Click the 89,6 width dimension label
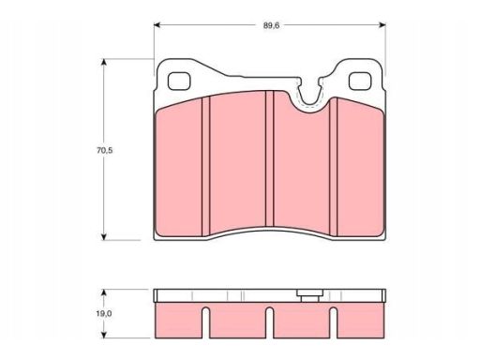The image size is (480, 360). pyautogui.click(x=271, y=25)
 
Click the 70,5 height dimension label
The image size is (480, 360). pyautogui.click(x=105, y=150)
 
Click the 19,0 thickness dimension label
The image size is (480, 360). pyautogui.click(x=104, y=313)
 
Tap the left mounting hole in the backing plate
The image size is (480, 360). pyautogui.click(x=179, y=82)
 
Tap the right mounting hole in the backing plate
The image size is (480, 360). pyautogui.click(x=360, y=82)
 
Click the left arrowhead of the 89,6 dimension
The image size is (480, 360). pyautogui.click(x=157, y=25)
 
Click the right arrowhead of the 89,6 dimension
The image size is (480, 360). pyautogui.click(x=382, y=25)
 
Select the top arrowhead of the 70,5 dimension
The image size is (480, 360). pyautogui.click(x=104, y=62)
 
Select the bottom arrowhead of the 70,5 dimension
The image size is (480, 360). pyautogui.click(x=104, y=237)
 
